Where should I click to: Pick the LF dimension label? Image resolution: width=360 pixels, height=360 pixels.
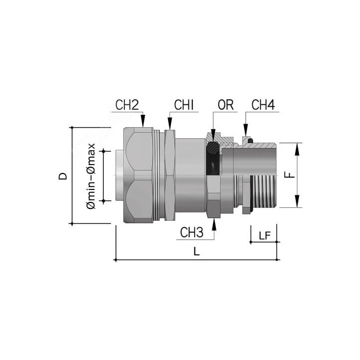tap(265, 235)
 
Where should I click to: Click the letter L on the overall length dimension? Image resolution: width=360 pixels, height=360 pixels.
tap(196, 252)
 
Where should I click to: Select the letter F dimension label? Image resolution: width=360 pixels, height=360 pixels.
tap(292, 175)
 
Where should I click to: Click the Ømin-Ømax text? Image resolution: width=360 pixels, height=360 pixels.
tap(90, 176)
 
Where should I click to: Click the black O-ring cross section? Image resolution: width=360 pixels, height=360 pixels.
tap(213, 147)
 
